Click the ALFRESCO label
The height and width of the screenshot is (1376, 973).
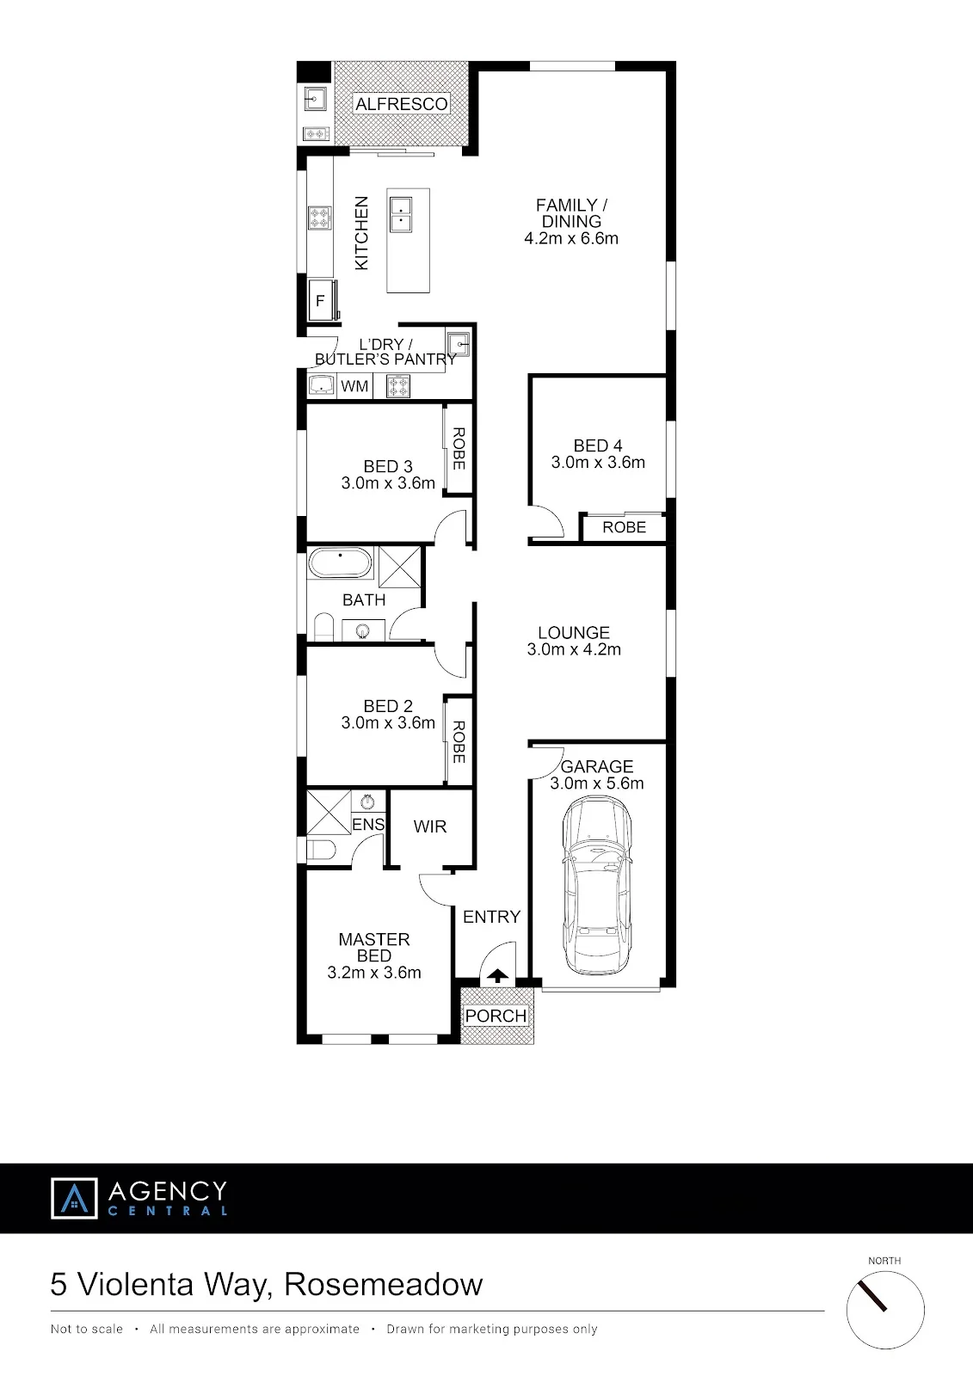click(402, 104)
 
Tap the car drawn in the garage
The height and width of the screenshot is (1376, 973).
click(597, 885)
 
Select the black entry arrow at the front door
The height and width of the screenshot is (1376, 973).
click(497, 975)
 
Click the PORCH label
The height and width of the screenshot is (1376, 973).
click(496, 1016)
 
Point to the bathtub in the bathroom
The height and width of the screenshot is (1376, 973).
click(340, 562)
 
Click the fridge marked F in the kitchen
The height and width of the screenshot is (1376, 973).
click(322, 300)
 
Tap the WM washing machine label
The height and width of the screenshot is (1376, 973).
click(354, 386)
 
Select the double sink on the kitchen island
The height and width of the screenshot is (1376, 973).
click(401, 214)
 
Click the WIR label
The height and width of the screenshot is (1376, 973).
click(429, 826)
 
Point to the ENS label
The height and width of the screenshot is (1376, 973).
click(368, 825)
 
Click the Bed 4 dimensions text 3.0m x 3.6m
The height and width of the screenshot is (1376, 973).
click(598, 462)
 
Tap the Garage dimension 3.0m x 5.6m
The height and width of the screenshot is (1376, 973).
click(597, 783)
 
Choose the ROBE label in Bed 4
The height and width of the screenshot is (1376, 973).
click(624, 527)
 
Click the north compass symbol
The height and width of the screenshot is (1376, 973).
click(885, 1311)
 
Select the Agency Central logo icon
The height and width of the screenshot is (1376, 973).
click(74, 1198)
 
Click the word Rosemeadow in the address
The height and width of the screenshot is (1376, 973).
click(384, 1284)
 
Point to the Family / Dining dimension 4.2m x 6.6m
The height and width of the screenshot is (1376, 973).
click(571, 238)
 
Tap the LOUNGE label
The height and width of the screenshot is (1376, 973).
click(574, 633)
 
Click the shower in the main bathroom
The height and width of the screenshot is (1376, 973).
click(399, 567)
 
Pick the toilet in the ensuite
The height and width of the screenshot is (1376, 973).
click(321, 851)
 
